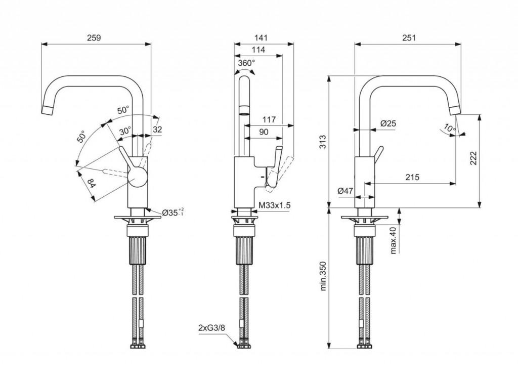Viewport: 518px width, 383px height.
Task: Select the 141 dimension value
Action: (x=261, y=38)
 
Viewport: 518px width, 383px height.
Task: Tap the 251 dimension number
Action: (x=408, y=38)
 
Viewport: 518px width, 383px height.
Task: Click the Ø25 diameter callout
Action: (x=388, y=123)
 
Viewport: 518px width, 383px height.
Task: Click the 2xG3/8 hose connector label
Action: (x=212, y=328)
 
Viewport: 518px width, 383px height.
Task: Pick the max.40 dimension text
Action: (x=393, y=240)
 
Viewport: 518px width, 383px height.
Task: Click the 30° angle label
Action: (x=125, y=131)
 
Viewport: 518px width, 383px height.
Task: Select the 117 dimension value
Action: (x=269, y=120)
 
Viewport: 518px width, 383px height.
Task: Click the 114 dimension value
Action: (x=258, y=50)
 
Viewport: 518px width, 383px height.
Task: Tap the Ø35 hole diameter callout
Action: (x=174, y=212)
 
